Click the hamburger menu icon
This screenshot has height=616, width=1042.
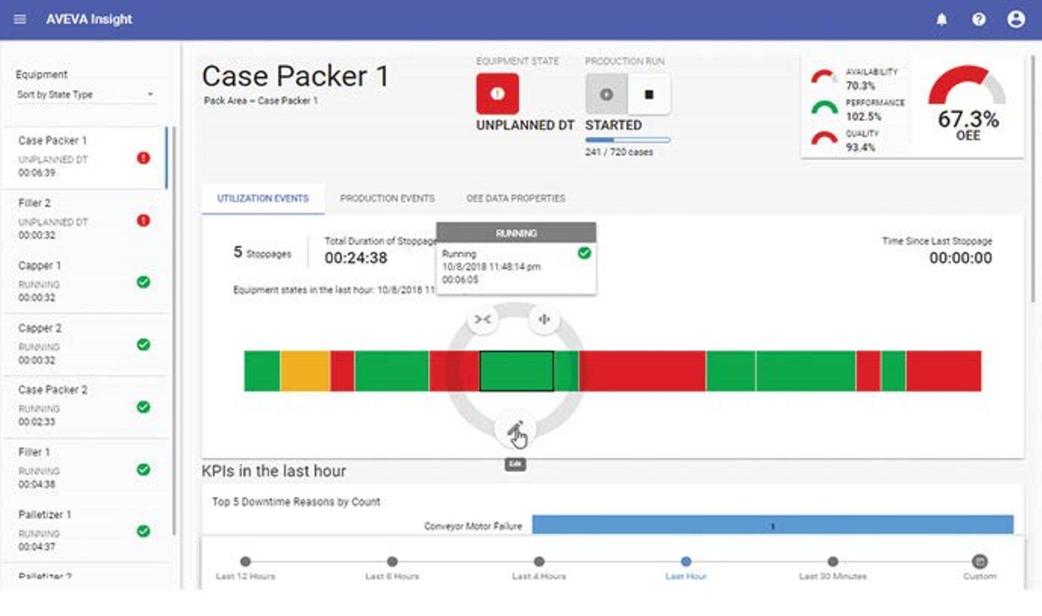(20, 20)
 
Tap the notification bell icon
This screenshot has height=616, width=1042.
(942, 20)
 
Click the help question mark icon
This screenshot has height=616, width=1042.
(979, 20)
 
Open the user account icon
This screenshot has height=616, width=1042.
(1016, 20)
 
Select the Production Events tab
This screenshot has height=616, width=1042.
(387, 198)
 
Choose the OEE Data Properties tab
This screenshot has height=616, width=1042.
(516, 198)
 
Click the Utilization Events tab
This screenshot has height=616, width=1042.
(263, 198)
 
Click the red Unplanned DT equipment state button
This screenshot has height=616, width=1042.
(497, 94)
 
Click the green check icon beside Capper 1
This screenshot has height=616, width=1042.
(143, 282)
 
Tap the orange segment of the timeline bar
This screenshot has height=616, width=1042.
(305, 371)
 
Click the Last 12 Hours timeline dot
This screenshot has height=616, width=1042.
(245, 561)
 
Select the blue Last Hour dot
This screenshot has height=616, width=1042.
(686, 561)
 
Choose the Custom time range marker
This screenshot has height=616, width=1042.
(980, 561)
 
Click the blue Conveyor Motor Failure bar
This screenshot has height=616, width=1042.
(772, 525)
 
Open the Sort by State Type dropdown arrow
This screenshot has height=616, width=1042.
(150, 94)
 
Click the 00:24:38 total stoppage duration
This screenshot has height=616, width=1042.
(356, 258)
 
